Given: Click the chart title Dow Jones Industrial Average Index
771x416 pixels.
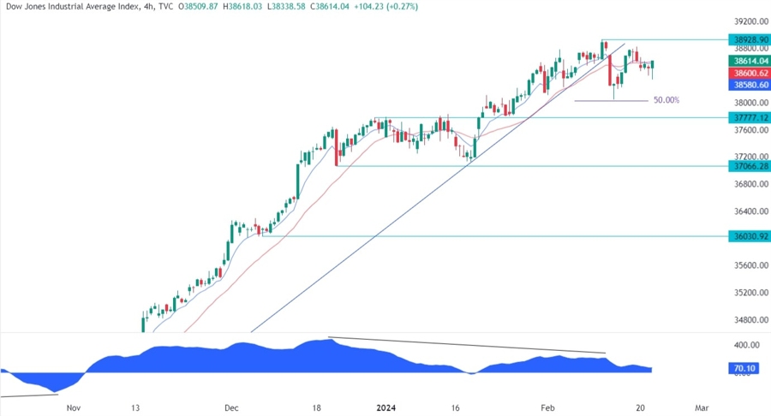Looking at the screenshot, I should (76, 8).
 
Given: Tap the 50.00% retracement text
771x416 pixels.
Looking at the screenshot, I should (666, 100).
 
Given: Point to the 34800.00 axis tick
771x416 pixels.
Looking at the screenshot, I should (747, 319).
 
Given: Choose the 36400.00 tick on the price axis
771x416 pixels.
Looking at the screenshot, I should (747, 211).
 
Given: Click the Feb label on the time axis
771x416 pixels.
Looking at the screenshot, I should (547, 409).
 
